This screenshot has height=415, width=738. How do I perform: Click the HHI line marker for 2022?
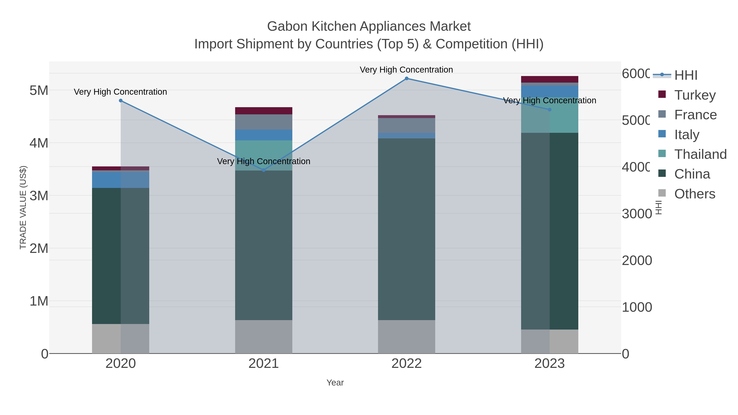(x=407, y=78)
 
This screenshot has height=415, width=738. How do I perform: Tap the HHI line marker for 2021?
(x=264, y=171)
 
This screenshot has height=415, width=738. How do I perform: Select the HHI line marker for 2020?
(x=121, y=101)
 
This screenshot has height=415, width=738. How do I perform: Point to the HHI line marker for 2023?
(x=549, y=109)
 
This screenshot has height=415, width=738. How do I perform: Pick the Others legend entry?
(x=695, y=194)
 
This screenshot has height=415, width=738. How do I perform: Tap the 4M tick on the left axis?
(x=39, y=143)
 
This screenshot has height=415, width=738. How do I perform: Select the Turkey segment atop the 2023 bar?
(x=549, y=79)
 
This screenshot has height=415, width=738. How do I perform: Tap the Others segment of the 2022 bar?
(x=407, y=337)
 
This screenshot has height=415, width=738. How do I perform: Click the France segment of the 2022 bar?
(x=407, y=125)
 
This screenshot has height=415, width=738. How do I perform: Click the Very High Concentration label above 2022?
(x=406, y=70)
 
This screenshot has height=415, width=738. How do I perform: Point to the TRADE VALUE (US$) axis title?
(x=23, y=207)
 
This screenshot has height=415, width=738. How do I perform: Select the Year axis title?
(x=335, y=383)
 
